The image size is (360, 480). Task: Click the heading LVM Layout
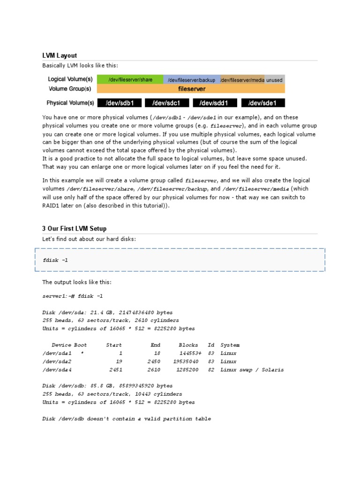tap(60, 55)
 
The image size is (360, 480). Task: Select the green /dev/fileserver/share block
tap(130, 80)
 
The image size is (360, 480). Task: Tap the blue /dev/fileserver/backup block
tap(191, 80)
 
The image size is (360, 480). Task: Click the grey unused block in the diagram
tap(275, 80)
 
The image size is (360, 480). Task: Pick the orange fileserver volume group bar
tap(191, 89)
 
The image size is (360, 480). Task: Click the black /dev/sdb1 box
tap(120, 103)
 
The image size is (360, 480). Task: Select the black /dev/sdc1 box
tap(166, 103)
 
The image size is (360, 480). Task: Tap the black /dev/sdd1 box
tap(214, 103)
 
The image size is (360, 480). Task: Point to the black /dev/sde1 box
tap(262, 103)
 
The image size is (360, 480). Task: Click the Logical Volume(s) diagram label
tap(70, 80)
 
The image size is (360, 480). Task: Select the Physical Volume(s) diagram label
tap(70, 103)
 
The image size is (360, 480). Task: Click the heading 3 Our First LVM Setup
tap(74, 228)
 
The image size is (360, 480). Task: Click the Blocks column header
tap(188, 345)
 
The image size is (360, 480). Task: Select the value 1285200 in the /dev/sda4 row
tap(187, 370)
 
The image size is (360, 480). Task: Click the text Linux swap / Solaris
tap(252, 370)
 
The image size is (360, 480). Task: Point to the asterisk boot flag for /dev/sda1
tap(82, 353)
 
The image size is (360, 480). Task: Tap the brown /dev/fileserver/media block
tap(242, 80)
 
